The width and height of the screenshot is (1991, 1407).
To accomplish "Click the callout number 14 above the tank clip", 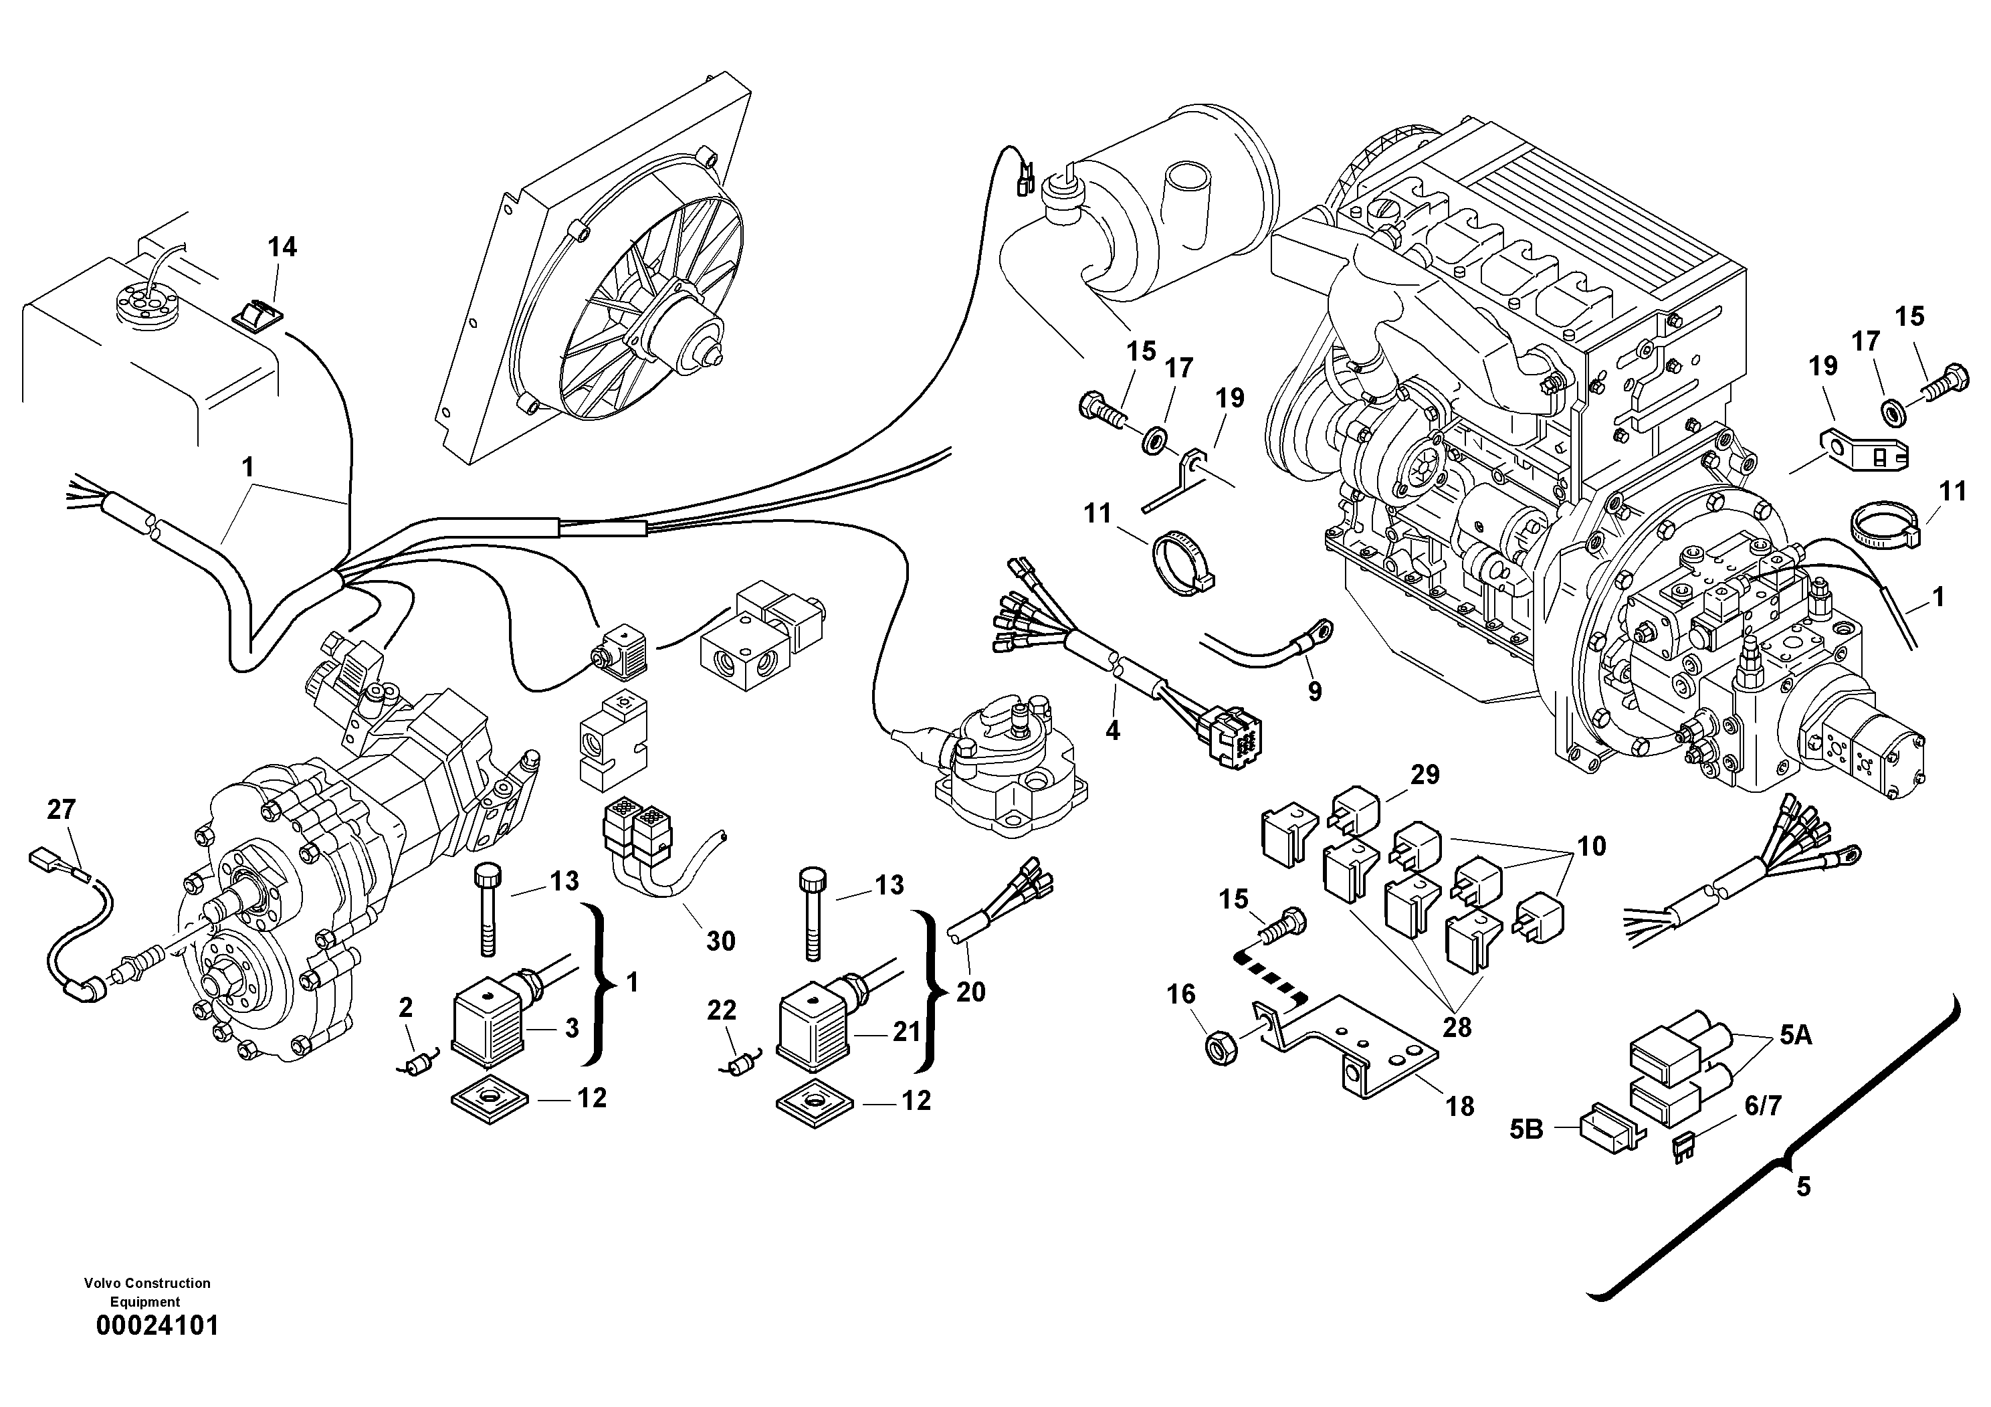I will pyautogui.click(x=282, y=248).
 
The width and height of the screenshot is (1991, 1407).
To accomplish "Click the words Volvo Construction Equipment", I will pyautogui.click(x=147, y=1292).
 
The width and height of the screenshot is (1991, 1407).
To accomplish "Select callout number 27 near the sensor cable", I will pyautogui.click(x=61, y=810).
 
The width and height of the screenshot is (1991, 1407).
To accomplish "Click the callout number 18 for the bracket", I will pyautogui.click(x=1460, y=1106).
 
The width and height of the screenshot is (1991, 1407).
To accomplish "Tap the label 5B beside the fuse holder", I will pyautogui.click(x=1526, y=1129).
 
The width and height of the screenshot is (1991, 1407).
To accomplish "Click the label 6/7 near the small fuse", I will pyautogui.click(x=1763, y=1106).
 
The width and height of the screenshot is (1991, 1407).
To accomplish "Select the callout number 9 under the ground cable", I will pyautogui.click(x=1315, y=691).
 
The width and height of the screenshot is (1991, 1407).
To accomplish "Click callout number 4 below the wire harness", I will pyautogui.click(x=1113, y=731).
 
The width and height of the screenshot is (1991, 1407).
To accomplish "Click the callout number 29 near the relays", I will pyautogui.click(x=1425, y=775).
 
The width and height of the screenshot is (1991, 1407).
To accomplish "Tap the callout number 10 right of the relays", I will pyautogui.click(x=1591, y=845).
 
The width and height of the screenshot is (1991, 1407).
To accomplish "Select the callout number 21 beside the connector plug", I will pyautogui.click(x=906, y=1032).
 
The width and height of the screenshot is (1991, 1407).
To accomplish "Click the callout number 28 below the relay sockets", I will pyautogui.click(x=1457, y=1027).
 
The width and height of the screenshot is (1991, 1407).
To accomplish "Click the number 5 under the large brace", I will pyautogui.click(x=1804, y=1186).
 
